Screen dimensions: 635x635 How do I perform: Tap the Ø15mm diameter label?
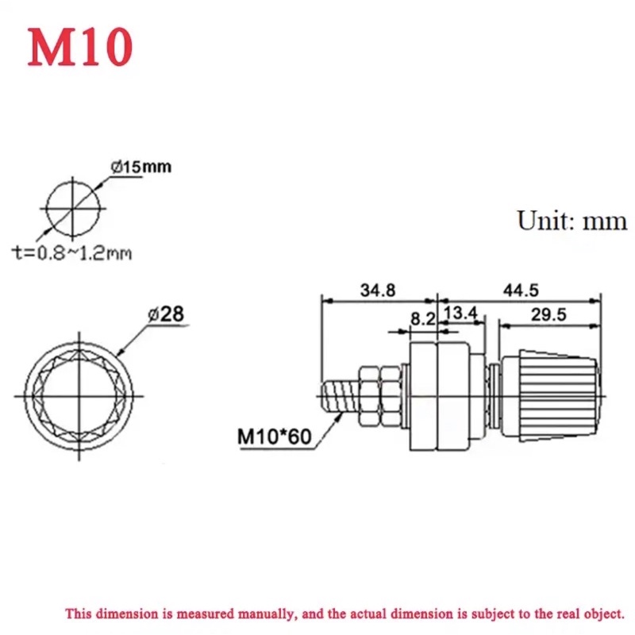click(144, 167)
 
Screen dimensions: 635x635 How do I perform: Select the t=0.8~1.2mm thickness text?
click(71, 252)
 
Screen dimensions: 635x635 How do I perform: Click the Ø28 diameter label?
click(167, 314)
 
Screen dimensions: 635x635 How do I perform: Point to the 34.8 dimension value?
click(377, 291)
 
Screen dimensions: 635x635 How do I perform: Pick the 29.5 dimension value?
click(548, 315)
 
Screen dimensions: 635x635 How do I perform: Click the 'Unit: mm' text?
click(571, 220)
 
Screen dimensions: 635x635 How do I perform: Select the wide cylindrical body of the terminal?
click(436, 396)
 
